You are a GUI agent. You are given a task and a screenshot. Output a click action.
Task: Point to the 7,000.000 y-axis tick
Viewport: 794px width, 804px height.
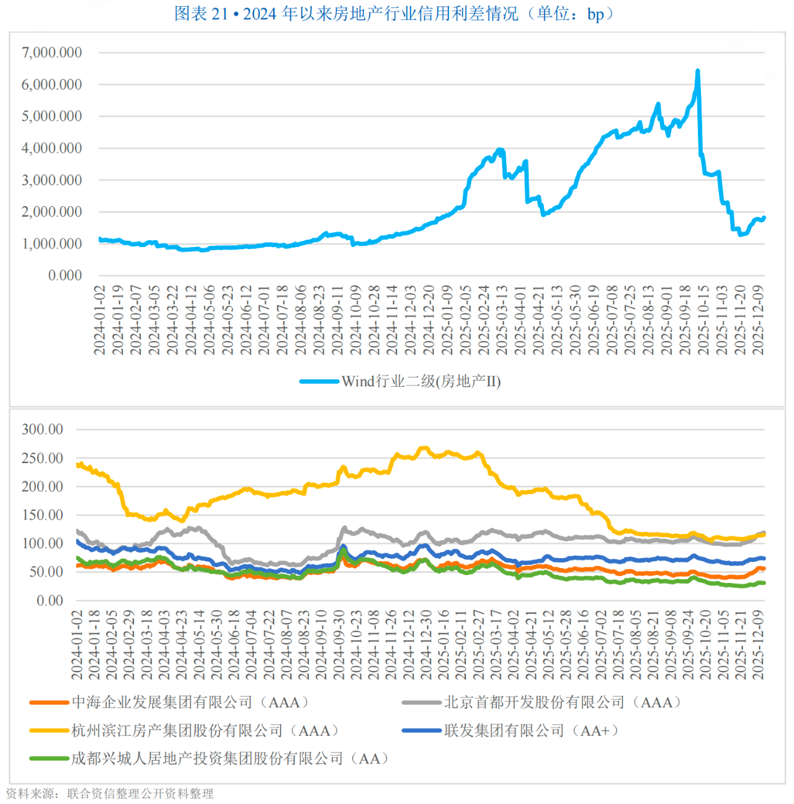click(52, 53)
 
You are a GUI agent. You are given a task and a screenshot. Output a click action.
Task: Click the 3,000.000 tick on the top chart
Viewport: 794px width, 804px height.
click(52, 181)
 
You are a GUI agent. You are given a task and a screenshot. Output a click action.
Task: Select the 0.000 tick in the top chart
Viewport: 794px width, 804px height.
click(65, 276)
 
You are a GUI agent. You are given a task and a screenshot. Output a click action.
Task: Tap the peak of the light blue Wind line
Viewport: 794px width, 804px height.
click(698, 71)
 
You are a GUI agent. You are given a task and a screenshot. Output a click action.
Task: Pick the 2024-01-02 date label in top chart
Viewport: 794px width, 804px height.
click(99, 320)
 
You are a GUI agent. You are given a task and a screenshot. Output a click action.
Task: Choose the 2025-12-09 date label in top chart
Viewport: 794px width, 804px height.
click(758, 320)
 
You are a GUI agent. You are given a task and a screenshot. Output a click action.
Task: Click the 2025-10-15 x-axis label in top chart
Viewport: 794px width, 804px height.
click(703, 320)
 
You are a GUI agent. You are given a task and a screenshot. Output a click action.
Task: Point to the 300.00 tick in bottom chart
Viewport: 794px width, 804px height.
click(42, 430)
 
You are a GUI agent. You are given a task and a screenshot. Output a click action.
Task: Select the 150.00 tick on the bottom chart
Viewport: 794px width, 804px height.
click(42, 515)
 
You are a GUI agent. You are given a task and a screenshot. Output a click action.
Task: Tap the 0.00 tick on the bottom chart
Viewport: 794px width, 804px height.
click(50, 601)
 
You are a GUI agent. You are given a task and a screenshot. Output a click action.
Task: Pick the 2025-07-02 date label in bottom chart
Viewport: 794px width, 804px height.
click(601, 644)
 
